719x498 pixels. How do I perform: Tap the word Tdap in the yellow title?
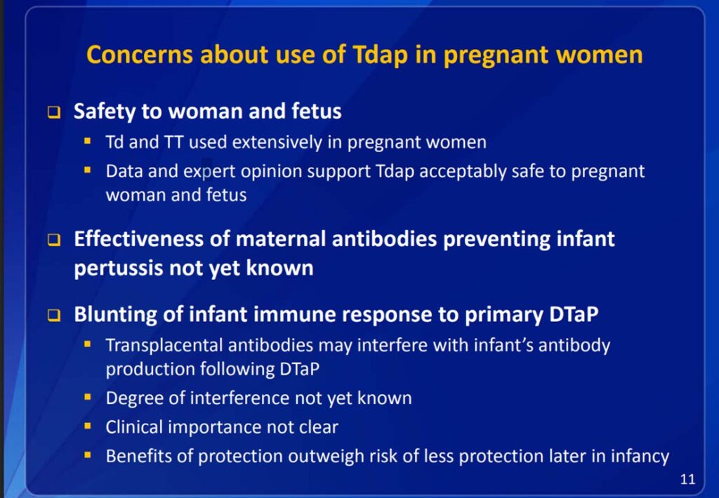tap(380, 55)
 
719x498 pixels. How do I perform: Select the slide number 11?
tap(687, 479)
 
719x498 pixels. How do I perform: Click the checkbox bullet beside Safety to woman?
tap(53, 112)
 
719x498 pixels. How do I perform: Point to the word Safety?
tap(104, 112)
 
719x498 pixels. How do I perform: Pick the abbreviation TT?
tap(174, 142)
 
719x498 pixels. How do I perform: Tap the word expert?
tap(209, 171)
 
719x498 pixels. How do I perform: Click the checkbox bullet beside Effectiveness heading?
tap(53, 239)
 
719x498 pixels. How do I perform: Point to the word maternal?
tap(281, 239)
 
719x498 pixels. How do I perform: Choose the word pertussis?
tap(118, 268)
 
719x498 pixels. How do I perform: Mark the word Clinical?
tap(134, 427)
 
